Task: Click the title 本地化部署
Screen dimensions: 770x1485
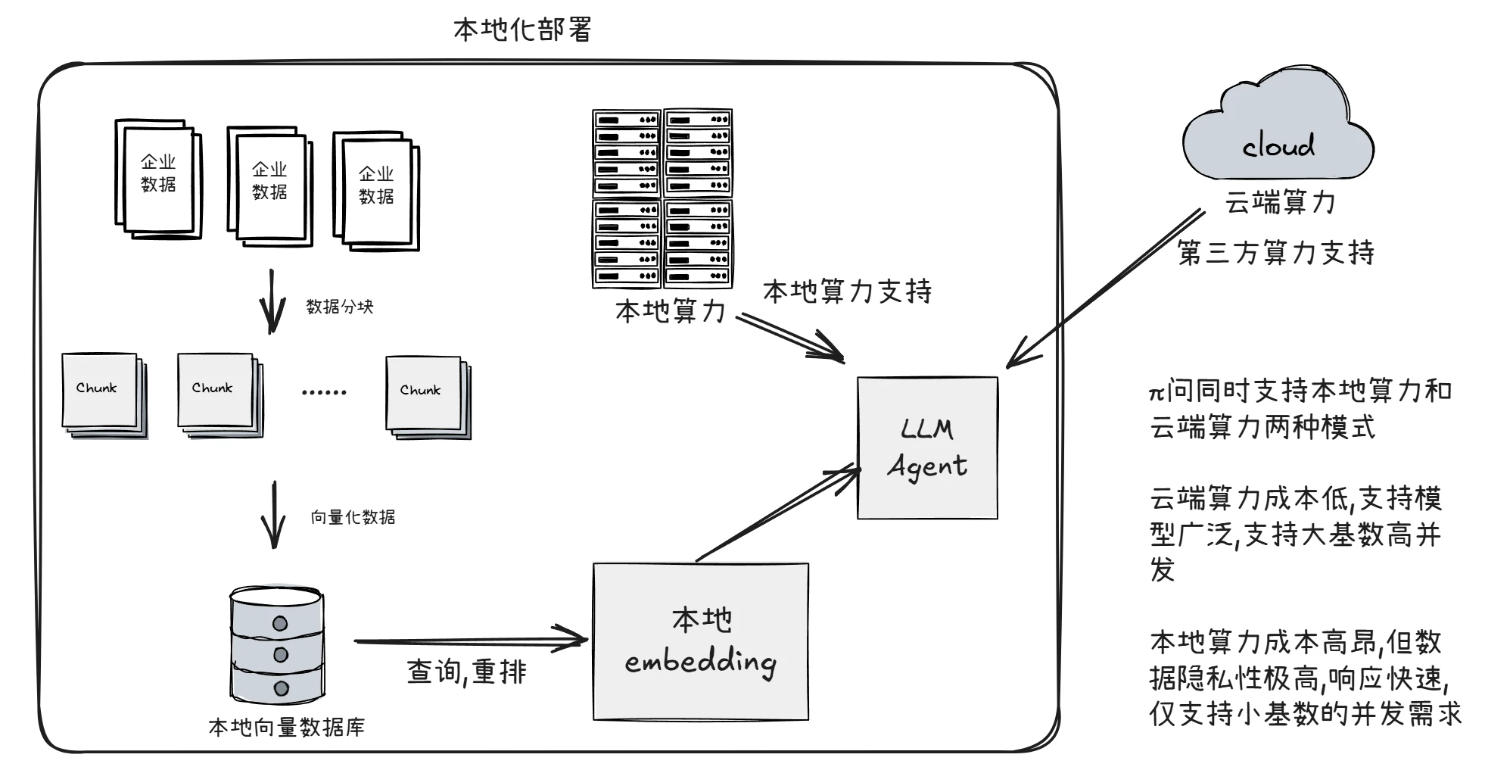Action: [x=521, y=30]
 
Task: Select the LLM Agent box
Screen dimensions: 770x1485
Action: [x=927, y=447]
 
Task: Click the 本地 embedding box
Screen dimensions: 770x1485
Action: [x=700, y=641]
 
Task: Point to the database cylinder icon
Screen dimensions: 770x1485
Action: [x=278, y=645]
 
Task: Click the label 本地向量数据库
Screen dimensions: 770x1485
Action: [x=286, y=728]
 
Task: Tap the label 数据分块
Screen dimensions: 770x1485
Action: [x=340, y=307]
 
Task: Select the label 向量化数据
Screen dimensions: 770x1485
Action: [x=353, y=517]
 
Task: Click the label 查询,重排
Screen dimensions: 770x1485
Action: [x=466, y=672]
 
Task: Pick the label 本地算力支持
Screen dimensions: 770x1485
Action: [x=847, y=291]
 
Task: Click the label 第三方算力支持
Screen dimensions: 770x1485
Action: [x=1276, y=253]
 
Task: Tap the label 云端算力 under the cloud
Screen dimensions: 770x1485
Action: [x=1280, y=203]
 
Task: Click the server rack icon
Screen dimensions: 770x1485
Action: [x=662, y=198]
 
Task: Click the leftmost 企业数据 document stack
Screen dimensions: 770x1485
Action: [x=157, y=179]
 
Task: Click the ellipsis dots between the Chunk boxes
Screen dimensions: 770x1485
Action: [x=324, y=392]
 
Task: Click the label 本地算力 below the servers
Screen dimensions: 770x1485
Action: [x=671, y=312]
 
